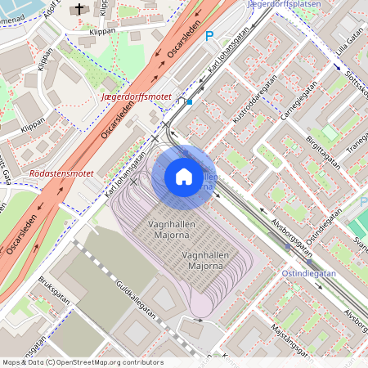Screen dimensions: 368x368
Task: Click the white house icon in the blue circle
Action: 184,177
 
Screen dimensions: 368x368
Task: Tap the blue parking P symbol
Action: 209,36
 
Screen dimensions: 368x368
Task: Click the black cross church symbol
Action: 79,10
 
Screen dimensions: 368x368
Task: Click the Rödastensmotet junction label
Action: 61,173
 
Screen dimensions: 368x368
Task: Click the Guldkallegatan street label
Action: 136,298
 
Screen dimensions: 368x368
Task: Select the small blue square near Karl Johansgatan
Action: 190,102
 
